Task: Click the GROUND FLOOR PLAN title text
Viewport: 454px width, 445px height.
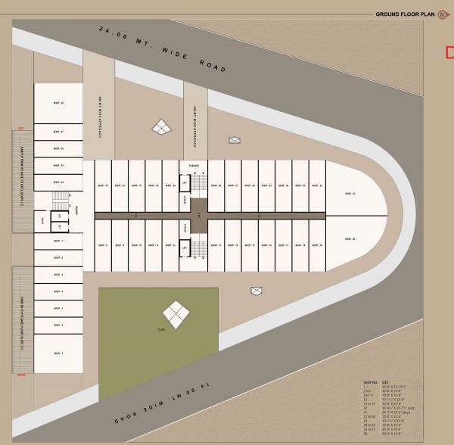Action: [x=404, y=14]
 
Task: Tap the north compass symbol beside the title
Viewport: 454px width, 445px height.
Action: [x=442, y=14]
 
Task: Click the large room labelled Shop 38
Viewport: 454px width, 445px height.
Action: [x=58, y=104]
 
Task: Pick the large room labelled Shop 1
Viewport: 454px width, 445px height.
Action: [x=58, y=353]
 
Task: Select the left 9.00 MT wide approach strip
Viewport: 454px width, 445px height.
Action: [x=98, y=114]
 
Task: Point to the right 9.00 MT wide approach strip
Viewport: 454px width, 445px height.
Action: [x=195, y=121]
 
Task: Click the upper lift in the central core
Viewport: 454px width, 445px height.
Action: [x=184, y=182]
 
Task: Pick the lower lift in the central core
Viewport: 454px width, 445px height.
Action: [x=184, y=246]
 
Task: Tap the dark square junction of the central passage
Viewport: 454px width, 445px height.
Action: [x=198, y=214]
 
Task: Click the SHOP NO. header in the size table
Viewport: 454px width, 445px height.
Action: [x=370, y=383]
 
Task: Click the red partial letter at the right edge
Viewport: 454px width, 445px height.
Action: [x=449, y=52]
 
